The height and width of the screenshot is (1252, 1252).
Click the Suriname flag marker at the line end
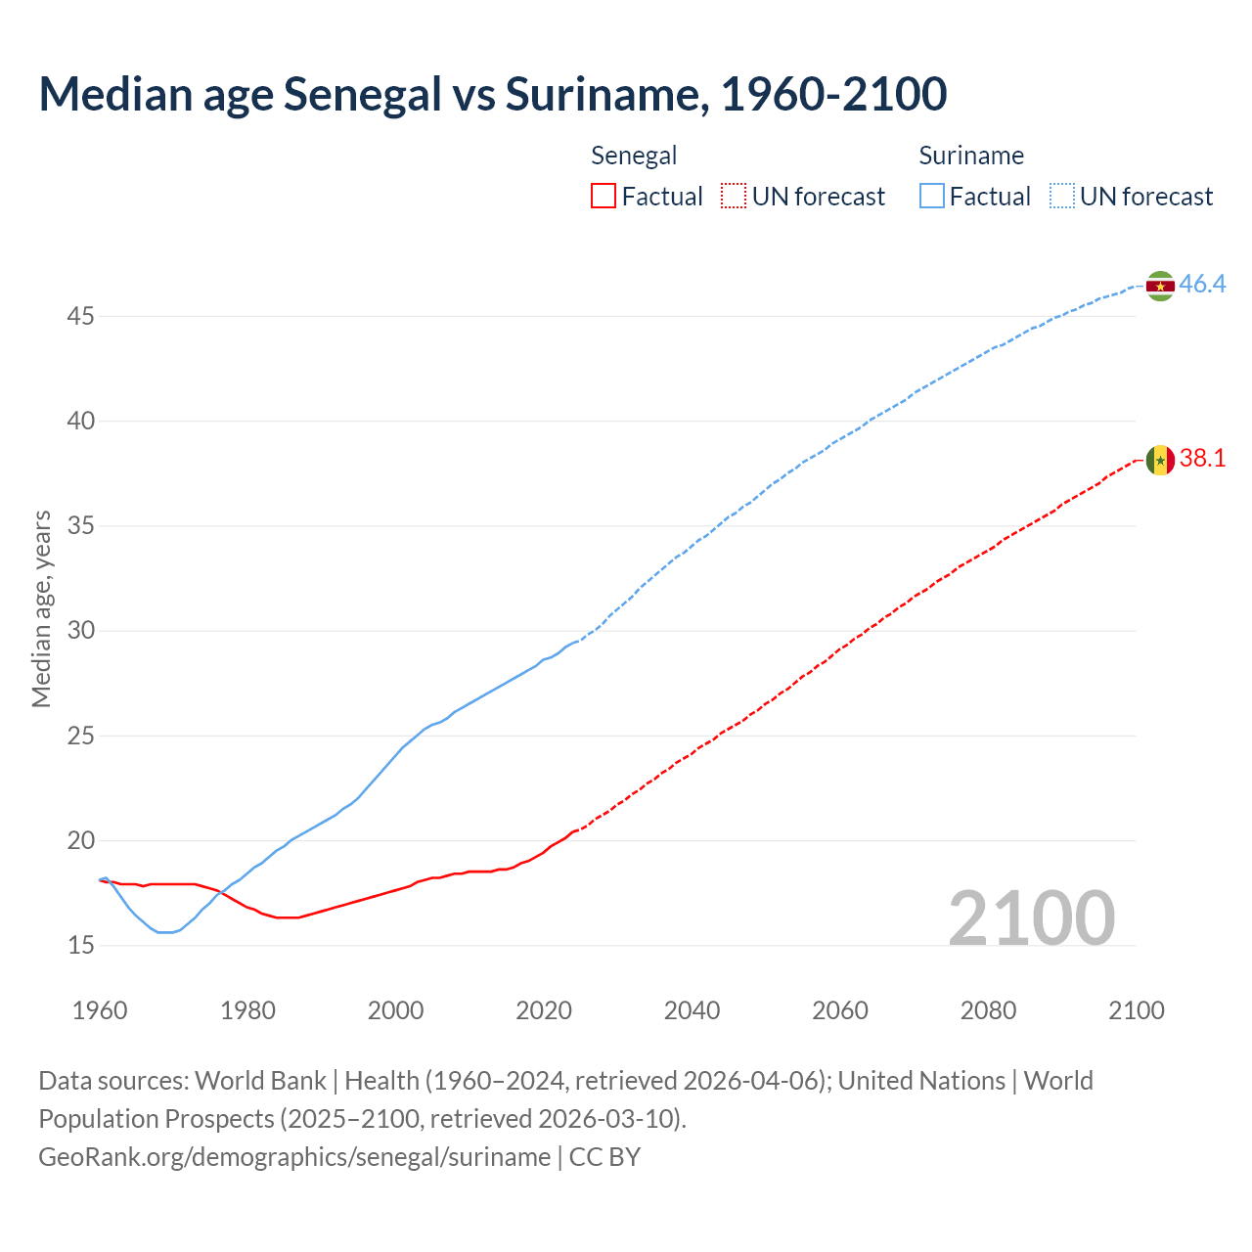click(x=1160, y=286)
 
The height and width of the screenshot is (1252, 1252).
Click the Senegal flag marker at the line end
click(x=1160, y=460)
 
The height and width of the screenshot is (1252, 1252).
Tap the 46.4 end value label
click(x=1202, y=285)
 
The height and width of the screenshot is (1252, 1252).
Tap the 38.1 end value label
click(x=1202, y=459)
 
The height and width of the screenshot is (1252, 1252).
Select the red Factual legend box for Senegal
click(x=604, y=197)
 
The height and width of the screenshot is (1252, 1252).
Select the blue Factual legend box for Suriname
click(x=932, y=197)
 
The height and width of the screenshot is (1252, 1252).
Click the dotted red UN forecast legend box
click(x=734, y=197)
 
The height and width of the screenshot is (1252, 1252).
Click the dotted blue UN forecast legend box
click(x=1061, y=197)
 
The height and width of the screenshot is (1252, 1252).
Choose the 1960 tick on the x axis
click(x=100, y=1010)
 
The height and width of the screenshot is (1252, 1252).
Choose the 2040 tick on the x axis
click(x=692, y=1010)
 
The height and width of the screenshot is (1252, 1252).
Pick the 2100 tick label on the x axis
click(x=1136, y=1010)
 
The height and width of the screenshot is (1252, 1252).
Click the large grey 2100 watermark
click(x=1031, y=917)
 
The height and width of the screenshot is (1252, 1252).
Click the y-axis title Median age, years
click(x=41, y=608)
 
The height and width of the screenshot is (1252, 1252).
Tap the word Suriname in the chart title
click(x=605, y=94)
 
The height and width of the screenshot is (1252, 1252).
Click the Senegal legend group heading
click(x=634, y=156)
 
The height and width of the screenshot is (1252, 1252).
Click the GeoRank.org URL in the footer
click(x=294, y=1157)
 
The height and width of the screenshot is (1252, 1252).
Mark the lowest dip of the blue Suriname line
click(x=164, y=932)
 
